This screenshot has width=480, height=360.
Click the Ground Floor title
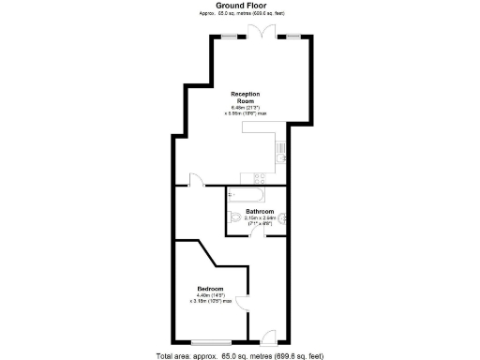tap(241, 5)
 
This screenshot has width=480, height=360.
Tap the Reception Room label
tap(247, 97)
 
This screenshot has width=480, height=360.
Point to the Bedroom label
tap(210, 288)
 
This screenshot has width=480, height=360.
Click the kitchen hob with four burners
tap(259, 176)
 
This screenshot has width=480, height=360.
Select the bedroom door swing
tap(241, 304)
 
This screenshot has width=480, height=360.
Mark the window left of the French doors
tap(229, 36)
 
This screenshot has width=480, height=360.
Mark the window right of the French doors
tap(294, 36)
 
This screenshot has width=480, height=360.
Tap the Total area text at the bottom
tap(240, 355)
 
